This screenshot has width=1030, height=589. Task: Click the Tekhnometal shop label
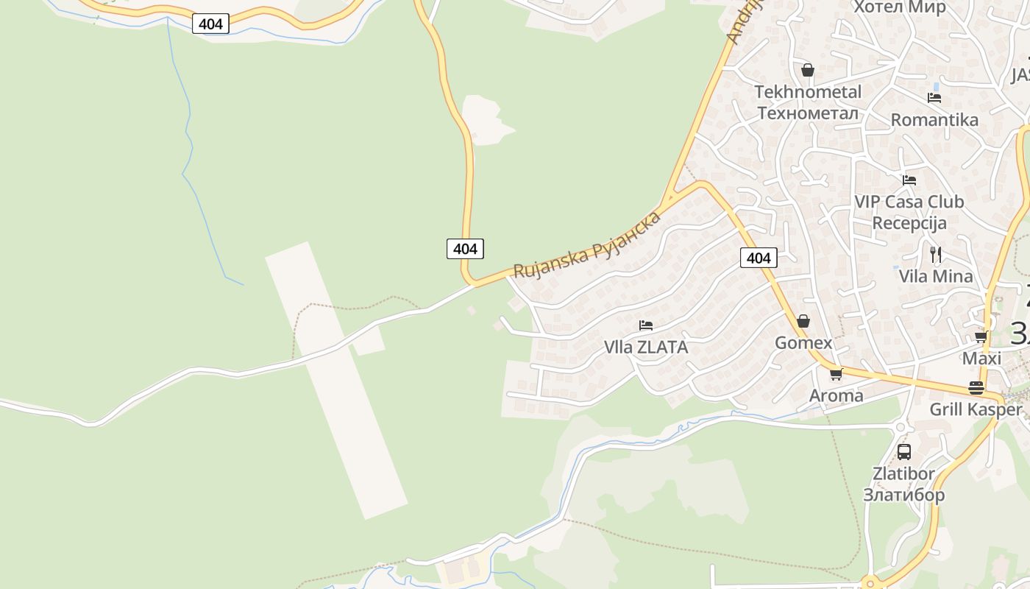pos(808,92)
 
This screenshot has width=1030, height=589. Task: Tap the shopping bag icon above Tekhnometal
pos(808,70)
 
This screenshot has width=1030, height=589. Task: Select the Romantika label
pos(934,120)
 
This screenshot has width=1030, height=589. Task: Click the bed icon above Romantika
pos(934,97)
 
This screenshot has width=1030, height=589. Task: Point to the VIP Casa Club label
pos(909,202)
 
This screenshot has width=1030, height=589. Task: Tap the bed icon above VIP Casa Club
pos(909,180)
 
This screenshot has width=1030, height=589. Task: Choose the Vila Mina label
pos(936,277)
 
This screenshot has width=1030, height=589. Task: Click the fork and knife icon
pos(936,255)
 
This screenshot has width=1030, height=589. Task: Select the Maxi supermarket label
pos(982,359)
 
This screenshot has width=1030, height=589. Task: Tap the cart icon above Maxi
pos(981,337)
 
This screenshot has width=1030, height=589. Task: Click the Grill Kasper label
pos(976,409)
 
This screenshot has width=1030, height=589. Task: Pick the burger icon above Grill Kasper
pos(976,388)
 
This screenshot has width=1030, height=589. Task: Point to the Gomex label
pos(803,343)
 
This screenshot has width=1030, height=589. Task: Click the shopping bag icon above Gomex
pos(803,321)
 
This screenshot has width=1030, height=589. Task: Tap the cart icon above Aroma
pos(836,375)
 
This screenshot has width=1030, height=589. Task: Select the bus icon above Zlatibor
pos(903,452)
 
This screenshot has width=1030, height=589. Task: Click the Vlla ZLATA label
pos(646,348)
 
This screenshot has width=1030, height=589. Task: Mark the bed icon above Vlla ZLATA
pos(646,325)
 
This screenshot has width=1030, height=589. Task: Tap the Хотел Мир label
pos(899,7)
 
